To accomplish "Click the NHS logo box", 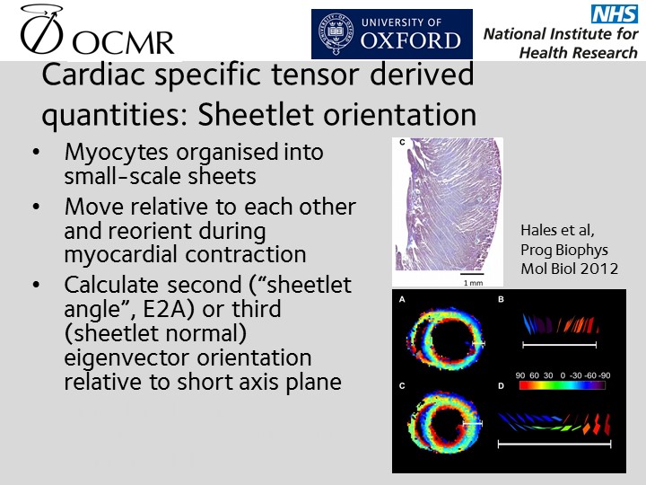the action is coord(615,14).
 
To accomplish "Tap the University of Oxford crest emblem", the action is coord(336,34).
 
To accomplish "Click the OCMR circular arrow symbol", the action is coord(41,29).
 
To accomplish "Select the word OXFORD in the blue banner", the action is coord(410,40).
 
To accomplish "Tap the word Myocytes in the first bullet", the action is coord(117,153).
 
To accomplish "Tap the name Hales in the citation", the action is coord(537,230).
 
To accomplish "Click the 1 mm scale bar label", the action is coord(473,283).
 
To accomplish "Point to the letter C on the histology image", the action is coord(403,142).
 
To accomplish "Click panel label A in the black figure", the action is coord(402,299).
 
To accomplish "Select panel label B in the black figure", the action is coord(501,299).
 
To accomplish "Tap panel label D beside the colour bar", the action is coord(501,386).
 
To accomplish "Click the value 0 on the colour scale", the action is coord(563,375).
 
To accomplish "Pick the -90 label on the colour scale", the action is coord(605,375).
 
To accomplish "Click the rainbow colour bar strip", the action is coord(563,385).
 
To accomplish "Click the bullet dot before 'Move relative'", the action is coord(36,207).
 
